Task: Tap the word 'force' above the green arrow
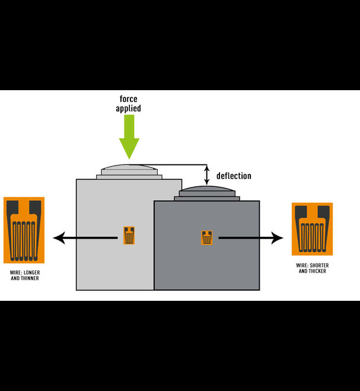click(x=129, y=99)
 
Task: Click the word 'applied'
click(x=129, y=109)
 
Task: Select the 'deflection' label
click(x=234, y=176)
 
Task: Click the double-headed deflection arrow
click(x=207, y=175)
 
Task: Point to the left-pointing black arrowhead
click(x=58, y=238)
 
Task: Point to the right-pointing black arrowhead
click(x=278, y=238)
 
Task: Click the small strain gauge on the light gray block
click(x=129, y=236)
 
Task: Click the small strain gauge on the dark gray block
click(x=206, y=237)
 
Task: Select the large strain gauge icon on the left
click(x=24, y=230)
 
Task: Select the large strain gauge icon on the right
click(x=312, y=229)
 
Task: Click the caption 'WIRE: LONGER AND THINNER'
click(x=24, y=275)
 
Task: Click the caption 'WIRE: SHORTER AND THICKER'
click(x=312, y=268)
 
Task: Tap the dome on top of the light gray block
click(x=129, y=168)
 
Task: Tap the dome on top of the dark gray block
click(x=207, y=189)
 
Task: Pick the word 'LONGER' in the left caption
click(x=31, y=272)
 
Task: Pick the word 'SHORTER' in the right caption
click(x=318, y=265)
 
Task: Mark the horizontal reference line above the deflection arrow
click(x=178, y=164)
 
